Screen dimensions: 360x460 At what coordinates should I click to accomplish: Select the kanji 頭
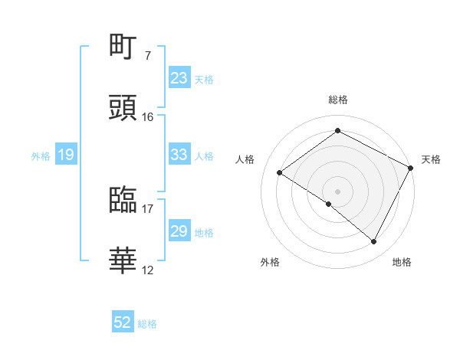click(123, 107)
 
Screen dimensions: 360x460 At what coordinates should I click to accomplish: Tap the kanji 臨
click(123, 201)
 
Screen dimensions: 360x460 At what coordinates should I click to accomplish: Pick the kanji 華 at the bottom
click(123, 260)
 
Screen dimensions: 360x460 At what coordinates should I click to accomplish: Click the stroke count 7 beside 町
click(147, 57)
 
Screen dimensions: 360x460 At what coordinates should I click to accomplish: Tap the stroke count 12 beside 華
click(147, 270)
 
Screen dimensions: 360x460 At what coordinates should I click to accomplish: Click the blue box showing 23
click(179, 78)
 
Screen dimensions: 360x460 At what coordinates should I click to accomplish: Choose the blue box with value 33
click(179, 155)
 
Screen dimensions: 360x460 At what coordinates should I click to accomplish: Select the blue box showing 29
click(179, 231)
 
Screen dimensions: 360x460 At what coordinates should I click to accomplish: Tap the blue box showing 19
click(66, 155)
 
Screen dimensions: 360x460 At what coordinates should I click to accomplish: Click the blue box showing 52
click(123, 323)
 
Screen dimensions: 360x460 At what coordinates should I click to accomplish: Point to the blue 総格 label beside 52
click(147, 324)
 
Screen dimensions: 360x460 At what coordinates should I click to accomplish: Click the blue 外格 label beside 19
click(41, 156)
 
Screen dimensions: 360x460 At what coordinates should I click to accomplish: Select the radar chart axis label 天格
click(431, 159)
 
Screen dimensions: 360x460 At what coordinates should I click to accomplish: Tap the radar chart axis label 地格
click(402, 263)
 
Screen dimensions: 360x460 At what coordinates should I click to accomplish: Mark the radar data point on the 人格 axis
click(280, 172)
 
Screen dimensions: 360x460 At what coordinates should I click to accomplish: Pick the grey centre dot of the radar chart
click(337, 191)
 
